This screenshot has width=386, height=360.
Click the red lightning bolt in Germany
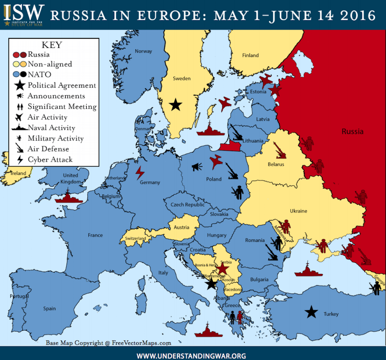[140, 173]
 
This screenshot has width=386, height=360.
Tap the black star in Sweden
[176, 105]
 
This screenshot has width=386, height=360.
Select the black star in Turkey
[311, 312]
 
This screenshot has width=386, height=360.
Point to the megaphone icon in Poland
[197, 167]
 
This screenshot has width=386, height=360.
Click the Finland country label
[250, 55]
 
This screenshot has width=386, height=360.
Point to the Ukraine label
[299, 211]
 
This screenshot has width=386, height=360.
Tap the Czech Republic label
[188, 204]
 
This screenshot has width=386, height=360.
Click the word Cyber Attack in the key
[50, 159]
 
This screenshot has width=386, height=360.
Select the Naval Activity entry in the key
[51, 128]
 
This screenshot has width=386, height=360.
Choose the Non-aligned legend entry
[50, 64]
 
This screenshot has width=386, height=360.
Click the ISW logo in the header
[23, 14]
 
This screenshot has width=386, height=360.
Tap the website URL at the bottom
[191, 355]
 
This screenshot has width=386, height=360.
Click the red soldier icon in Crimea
[323, 246]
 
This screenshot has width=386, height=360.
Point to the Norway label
[143, 51]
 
